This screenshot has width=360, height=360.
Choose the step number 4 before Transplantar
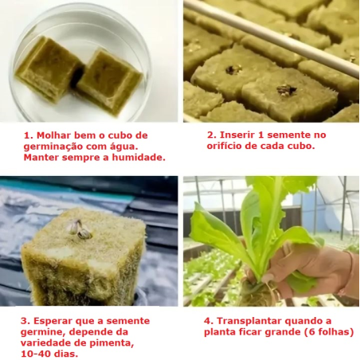click(208, 321)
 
